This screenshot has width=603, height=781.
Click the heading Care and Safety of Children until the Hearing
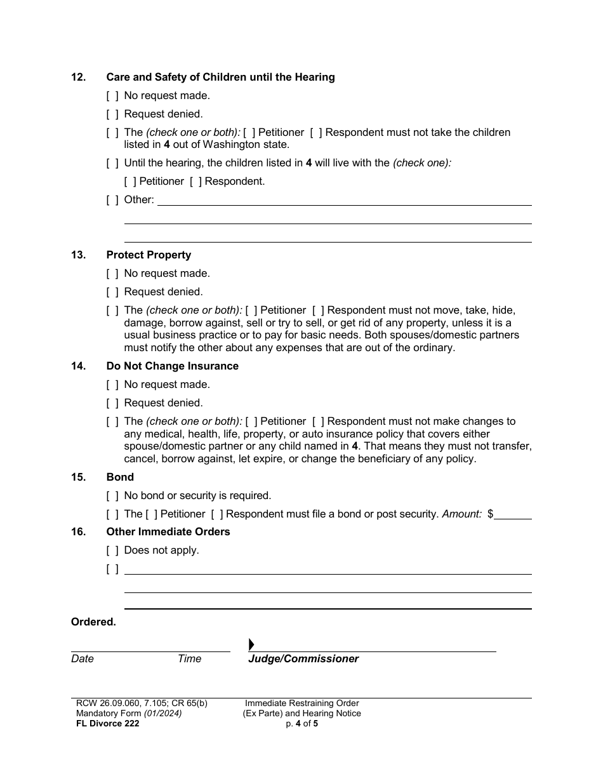pyautogui.click(x=220, y=77)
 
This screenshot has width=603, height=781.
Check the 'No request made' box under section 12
pyautogui.click(x=112, y=96)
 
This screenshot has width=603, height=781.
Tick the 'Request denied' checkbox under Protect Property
pyautogui.click(x=112, y=292)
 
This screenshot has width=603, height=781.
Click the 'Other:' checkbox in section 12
pyautogui.click(x=112, y=200)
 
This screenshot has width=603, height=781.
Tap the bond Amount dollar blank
pyautogui.click(x=513, y=514)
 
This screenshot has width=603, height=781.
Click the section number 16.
pyautogui.click(x=78, y=532)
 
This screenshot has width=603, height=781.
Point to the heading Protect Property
pyautogui.click(x=149, y=255)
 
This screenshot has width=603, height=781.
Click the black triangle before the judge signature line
pyautogui.click(x=251, y=645)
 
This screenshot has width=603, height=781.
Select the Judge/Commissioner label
pyautogui.click(x=303, y=659)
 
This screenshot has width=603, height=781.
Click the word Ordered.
pyautogui.click(x=93, y=622)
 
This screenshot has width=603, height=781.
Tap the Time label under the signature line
pyautogui.click(x=189, y=659)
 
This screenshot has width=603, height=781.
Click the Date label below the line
pyautogui.click(x=83, y=659)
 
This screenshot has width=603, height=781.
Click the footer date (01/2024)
pyautogui.click(x=163, y=713)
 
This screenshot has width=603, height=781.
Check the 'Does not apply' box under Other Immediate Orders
pyautogui.click(x=112, y=551)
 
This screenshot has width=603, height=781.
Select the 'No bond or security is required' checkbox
pyautogui.click(x=112, y=496)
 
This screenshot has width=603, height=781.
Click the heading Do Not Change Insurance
pyautogui.click(x=173, y=366)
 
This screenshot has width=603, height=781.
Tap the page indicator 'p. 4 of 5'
pyautogui.click(x=301, y=723)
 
